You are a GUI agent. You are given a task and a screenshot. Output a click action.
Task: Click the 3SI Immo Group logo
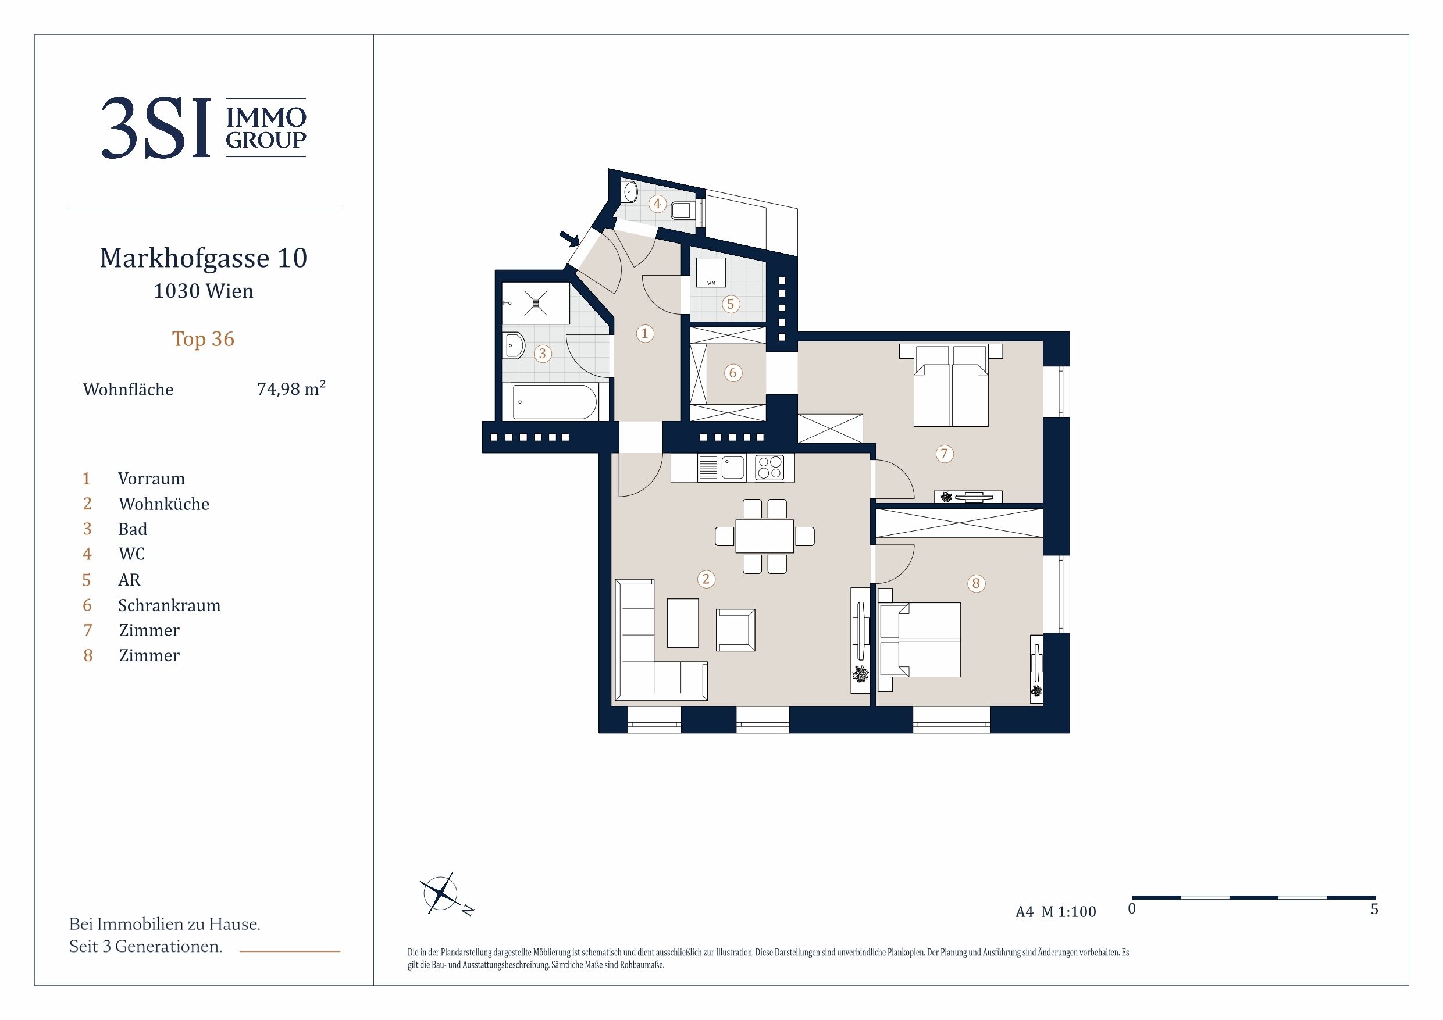[204, 127]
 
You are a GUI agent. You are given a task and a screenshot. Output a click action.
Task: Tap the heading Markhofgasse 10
[204, 258]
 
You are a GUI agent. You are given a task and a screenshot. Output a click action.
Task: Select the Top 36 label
[203, 340]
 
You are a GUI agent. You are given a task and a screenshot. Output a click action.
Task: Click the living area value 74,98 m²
[291, 388]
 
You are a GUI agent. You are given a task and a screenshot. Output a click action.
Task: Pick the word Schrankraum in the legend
[169, 605]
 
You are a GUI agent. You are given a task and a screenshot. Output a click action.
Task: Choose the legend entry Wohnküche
[164, 504]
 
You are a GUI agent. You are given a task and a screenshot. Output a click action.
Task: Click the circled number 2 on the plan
[706, 579]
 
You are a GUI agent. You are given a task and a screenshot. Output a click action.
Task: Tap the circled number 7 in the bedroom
[944, 454]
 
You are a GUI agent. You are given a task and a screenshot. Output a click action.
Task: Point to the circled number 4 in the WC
[657, 204]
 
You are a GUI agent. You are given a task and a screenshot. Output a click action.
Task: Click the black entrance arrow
[570, 238]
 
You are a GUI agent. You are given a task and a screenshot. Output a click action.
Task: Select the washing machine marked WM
[711, 273]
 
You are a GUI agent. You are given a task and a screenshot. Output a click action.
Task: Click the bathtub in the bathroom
[554, 402]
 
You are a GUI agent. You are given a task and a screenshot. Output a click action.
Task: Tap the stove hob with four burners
[770, 468]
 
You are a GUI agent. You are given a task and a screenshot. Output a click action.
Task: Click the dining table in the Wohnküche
[764, 536]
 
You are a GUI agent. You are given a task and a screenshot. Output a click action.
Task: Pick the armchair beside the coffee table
[735, 630]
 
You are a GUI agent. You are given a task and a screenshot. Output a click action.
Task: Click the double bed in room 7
[950, 384]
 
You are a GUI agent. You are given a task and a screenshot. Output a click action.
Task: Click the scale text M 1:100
[1068, 912]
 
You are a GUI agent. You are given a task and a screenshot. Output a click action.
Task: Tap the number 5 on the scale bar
[1374, 910]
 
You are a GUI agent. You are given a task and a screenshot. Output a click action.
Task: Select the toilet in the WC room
[682, 210]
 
